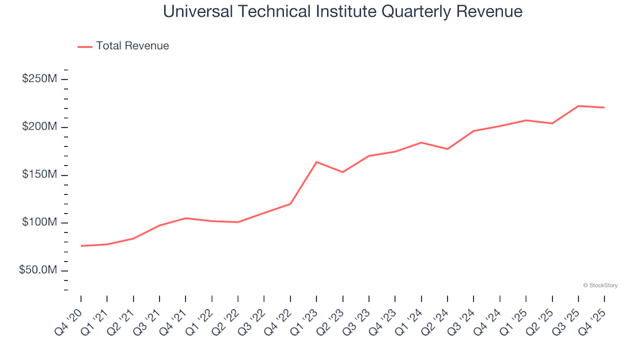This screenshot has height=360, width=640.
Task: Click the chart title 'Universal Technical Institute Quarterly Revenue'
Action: tap(343, 12)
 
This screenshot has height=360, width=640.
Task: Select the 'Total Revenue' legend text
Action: tap(132, 46)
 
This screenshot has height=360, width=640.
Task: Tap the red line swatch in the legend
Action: tap(85, 46)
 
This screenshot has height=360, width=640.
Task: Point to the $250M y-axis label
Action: tap(40, 79)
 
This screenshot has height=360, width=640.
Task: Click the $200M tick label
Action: tap(40, 127)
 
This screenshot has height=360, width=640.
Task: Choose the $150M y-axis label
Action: tap(40, 175)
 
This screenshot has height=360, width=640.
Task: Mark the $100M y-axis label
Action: tap(40, 223)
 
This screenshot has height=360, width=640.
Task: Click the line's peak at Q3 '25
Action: tap(578, 106)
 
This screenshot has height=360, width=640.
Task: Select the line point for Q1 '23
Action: tap(317, 162)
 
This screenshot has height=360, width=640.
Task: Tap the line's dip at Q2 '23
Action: tap(343, 172)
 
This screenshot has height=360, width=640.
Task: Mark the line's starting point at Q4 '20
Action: tap(81, 246)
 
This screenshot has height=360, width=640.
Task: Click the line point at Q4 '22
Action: tap(291, 204)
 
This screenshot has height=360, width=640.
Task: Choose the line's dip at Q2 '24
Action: tap(447, 149)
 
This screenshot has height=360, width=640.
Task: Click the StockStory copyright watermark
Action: tap(600, 285)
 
